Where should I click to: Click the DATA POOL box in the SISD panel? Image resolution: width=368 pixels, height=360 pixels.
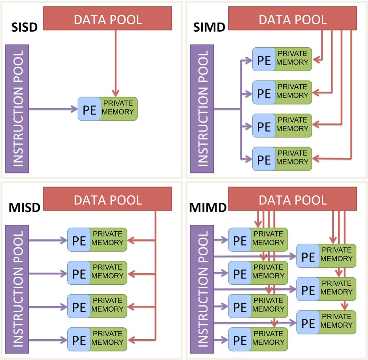(x=108, y=19)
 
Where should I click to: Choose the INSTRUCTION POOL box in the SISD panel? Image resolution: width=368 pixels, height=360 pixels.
(x=17, y=108)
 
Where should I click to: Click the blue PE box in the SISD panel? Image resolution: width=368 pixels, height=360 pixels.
(x=90, y=109)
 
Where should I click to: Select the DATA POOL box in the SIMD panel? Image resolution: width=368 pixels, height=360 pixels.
(x=292, y=19)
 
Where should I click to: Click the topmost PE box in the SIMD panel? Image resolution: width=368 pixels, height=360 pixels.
(x=264, y=59)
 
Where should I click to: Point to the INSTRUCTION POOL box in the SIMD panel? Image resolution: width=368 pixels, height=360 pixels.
(x=202, y=108)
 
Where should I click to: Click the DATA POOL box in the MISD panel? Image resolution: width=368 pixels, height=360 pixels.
(x=108, y=200)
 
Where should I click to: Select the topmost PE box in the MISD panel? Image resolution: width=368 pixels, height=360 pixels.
(x=79, y=240)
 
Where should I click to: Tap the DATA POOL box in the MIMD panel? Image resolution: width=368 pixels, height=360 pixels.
(x=292, y=200)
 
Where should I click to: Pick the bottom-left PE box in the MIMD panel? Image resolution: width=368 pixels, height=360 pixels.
(x=240, y=339)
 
